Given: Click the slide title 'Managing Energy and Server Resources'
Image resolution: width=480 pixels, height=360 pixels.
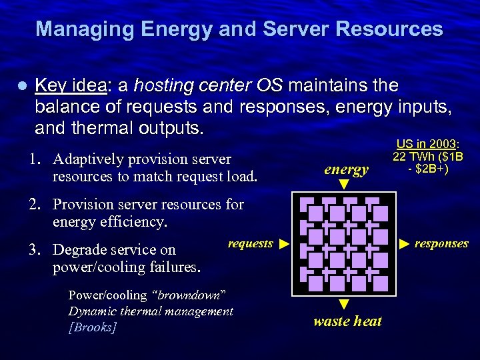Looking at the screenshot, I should (239, 29).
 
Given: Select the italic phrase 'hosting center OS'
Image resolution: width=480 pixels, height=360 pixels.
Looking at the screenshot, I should (208, 86).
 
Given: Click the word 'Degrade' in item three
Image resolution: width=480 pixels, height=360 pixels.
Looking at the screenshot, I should (80, 250).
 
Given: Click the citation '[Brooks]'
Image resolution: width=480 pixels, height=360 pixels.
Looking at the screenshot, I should (93, 327).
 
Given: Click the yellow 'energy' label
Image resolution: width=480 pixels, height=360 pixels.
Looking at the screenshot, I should (346, 169).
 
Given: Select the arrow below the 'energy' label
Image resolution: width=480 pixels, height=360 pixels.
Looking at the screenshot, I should (344, 184).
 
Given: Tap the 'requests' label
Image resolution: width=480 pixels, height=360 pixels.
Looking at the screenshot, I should (250, 244).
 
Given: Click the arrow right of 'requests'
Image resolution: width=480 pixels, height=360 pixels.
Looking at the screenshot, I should (283, 244).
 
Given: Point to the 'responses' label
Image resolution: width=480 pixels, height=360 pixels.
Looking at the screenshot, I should (441, 244).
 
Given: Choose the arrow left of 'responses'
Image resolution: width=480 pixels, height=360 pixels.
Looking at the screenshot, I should (405, 244).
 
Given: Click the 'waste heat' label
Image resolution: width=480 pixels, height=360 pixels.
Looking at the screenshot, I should (347, 321).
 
